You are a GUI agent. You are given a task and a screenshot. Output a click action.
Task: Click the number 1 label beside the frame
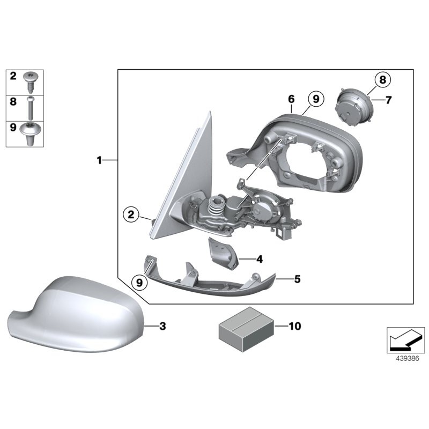click(x=99, y=160)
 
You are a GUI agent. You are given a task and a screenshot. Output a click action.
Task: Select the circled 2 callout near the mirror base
click(x=130, y=215)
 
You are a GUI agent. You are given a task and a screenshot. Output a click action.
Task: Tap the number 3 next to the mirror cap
click(x=163, y=326)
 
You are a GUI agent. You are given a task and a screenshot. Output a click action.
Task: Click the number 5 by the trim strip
click(x=297, y=278)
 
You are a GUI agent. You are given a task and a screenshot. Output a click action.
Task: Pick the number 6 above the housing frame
click(x=291, y=99)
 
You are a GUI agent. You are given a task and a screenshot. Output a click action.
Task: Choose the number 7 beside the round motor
click(x=389, y=100)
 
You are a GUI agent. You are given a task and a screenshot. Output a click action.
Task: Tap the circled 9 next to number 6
click(x=315, y=99)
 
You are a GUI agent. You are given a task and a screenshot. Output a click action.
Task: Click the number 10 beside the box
click(x=294, y=326)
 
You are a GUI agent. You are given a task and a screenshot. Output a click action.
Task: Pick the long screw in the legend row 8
click(x=32, y=109)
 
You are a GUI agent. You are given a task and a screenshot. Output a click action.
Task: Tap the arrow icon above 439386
click(x=406, y=340)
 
